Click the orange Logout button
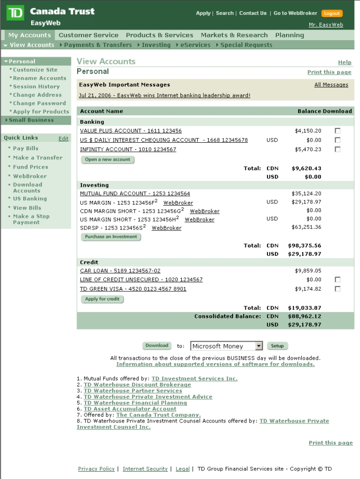click(332, 13)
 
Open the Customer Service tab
click(88, 35)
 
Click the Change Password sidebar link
click(39, 103)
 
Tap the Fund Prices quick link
click(30, 167)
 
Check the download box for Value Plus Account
click(338, 131)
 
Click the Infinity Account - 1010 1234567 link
click(128, 150)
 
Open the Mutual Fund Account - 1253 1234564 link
click(135, 194)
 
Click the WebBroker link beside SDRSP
click(167, 228)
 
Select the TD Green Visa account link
click(133, 289)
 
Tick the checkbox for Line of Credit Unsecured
click(338, 280)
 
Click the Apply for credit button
click(103, 299)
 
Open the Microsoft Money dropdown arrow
click(259, 346)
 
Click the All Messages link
click(331, 85)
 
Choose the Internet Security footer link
click(145, 469)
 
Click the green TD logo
click(15, 13)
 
